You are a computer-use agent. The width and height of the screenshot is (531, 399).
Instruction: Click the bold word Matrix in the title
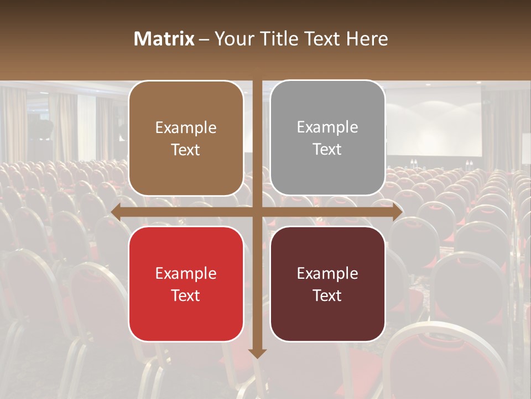click(164, 39)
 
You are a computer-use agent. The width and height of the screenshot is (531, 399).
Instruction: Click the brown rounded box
click(186, 138)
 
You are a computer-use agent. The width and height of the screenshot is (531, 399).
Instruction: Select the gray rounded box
click(327, 138)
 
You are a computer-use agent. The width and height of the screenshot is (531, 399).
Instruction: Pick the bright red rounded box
click(186, 284)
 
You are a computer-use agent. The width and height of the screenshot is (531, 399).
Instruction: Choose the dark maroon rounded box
click(327, 284)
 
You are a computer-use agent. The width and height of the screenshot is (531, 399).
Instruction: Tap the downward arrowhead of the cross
click(257, 353)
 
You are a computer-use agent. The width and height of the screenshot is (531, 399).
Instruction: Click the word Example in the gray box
click(327, 127)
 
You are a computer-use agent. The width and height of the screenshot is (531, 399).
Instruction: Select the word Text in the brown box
click(186, 150)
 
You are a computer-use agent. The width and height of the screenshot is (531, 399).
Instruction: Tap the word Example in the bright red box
click(186, 273)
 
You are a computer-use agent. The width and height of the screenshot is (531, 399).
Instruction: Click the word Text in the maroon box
click(327, 295)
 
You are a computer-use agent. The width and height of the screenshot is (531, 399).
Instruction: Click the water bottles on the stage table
click(413, 163)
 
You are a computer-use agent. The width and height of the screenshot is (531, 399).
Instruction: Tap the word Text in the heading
click(321, 39)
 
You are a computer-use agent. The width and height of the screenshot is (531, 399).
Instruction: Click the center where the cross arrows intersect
click(257, 212)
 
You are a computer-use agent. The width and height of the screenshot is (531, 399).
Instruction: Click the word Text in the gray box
click(327, 150)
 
